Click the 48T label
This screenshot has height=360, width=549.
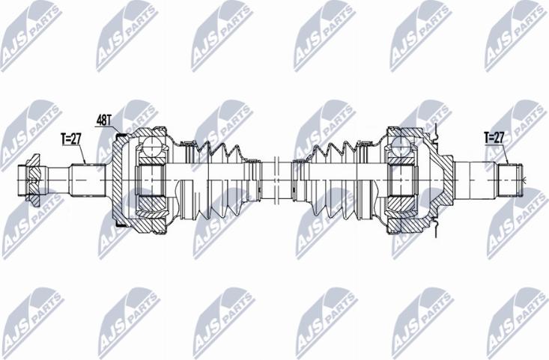(104, 119)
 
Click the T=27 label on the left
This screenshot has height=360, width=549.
(70, 138)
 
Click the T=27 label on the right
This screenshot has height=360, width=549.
(494, 137)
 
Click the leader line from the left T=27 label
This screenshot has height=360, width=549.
(84, 153)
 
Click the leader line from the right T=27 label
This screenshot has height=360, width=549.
(506, 153)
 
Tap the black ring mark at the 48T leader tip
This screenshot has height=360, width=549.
(120, 135)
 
